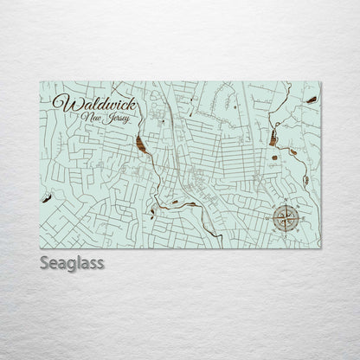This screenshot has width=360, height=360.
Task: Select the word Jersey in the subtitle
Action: [112, 118]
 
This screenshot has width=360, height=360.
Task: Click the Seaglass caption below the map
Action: [72, 262]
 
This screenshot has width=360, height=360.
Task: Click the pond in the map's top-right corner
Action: [311, 100]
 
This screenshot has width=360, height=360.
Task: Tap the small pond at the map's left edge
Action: [45, 197]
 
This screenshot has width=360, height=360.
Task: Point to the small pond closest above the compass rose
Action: [305, 180]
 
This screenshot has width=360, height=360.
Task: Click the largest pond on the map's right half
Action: [273, 138]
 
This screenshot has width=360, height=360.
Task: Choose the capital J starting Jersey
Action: [103, 117]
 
